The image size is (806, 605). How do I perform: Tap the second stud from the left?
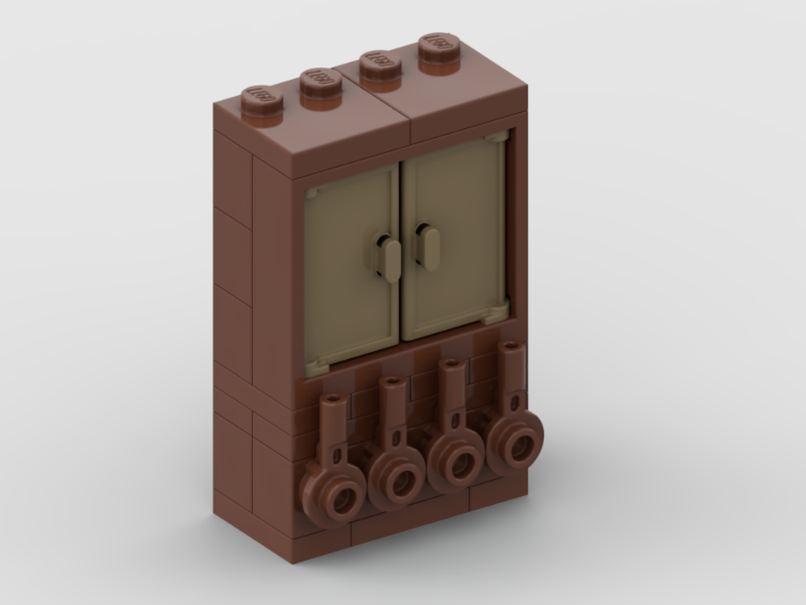coord(322,82)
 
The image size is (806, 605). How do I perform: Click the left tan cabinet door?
coord(352,266)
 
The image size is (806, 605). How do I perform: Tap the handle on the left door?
coord(389,259)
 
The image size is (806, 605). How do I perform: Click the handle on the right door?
coord(428,247)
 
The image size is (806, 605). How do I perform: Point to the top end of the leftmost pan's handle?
coord(332,401)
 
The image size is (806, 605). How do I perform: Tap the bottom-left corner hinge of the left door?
coord(315,368)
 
